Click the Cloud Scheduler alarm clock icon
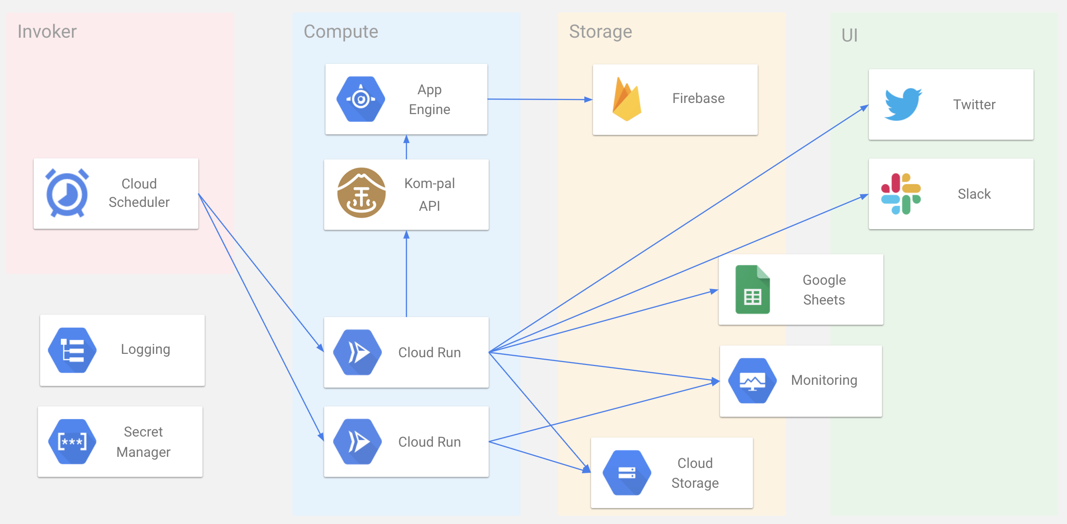[67, 193]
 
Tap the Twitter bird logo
[903, 104]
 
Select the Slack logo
[901, 194]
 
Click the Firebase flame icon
[626, 99]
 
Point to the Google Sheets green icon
[752, 290]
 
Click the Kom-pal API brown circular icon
[361, 193]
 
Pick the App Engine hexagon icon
[361, 99]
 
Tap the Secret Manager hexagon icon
[72, 441]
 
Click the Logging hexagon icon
[72, 350]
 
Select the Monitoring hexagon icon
[752, 380]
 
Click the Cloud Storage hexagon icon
[627, 473]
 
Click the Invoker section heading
[47, 31]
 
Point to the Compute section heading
[341, 31]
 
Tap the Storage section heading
[600, 31]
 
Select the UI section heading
[849, 35]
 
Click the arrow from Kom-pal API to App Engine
[406, 147]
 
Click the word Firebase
[698, 99]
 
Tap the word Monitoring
[824, 380]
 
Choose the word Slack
[974, 194]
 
